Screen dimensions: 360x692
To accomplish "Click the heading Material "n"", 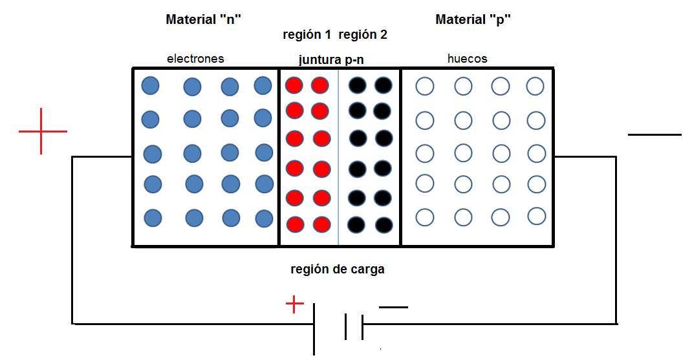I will (204, 19).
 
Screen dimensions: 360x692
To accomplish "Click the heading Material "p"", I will (473, 19).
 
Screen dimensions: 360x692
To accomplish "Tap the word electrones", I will (195, 59).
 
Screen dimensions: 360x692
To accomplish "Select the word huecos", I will (467, 59).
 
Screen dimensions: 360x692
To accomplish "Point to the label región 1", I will (307, 35).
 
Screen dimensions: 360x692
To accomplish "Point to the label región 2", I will (363, 35).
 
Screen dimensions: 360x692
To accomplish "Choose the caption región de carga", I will (338, 270).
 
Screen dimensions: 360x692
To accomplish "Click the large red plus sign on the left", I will (42, 131).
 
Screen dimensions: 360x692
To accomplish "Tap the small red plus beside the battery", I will (294, 303).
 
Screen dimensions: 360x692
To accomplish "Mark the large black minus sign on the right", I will (654, 134).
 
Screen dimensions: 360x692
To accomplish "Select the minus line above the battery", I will (393, 307).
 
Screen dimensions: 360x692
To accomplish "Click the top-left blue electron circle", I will (150, 85).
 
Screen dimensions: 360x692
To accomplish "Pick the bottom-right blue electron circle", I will (264, 218).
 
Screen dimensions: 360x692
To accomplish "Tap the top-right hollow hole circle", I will (535, 85).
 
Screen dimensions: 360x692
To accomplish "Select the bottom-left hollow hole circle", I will (424, 217).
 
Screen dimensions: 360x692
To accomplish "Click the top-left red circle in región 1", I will (295, 85).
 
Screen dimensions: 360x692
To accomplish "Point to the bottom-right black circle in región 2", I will (384, 225).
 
